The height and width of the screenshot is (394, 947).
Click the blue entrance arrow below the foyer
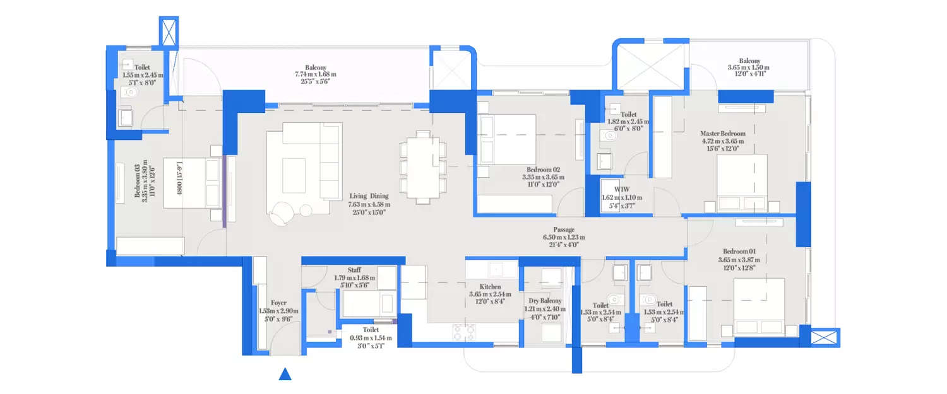285,374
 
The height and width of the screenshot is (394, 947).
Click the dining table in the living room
422,168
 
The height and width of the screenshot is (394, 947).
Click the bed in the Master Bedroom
742,183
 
